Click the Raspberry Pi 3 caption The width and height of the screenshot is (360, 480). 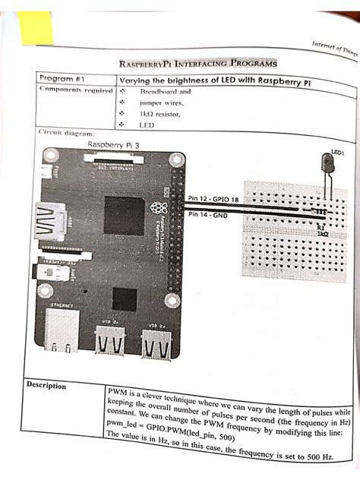pyautogui.click(x=115, y=144)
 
